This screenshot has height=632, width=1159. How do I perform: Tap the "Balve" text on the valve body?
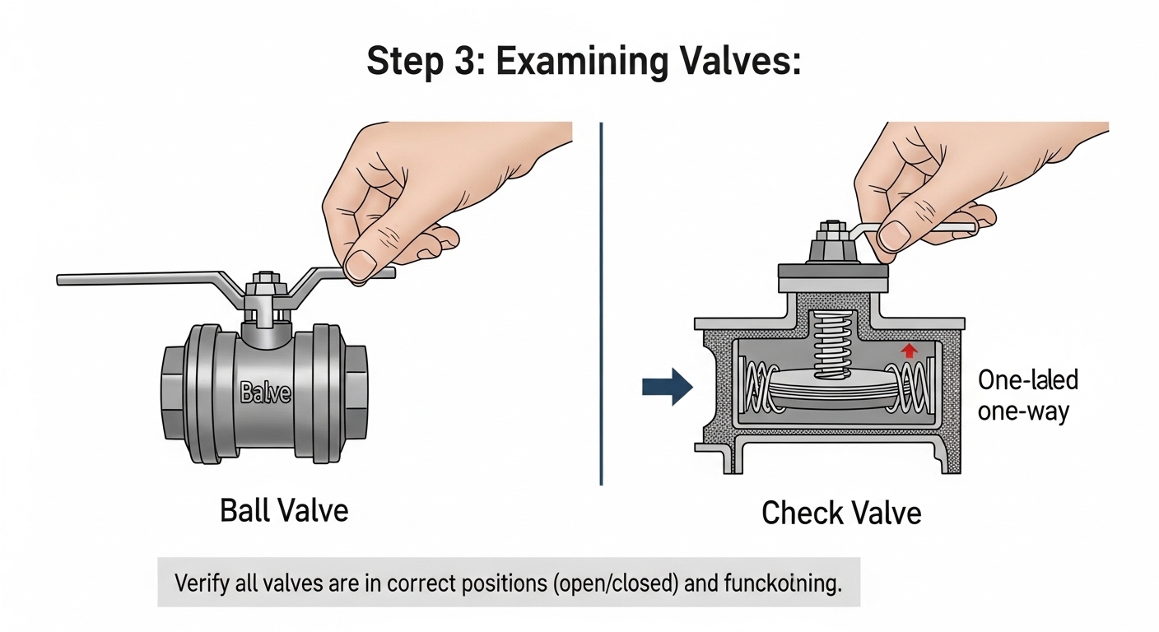click(265, 393)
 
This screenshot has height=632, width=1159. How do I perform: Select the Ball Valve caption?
click(284, 510)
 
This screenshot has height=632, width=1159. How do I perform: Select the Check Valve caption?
click(840, 513)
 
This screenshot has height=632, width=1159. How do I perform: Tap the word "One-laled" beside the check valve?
click(1028, 380)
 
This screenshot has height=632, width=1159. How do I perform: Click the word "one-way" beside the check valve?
click(1023, 410)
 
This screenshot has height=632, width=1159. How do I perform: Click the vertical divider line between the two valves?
click(602, 304)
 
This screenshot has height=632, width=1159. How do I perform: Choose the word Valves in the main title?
click(734, 61)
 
